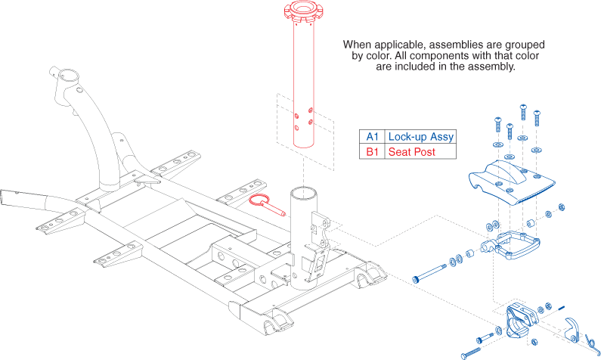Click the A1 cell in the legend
371,137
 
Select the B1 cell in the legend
371,152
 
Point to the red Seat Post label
412,152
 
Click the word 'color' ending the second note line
526,55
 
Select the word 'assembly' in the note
494,67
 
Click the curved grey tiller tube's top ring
65,77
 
